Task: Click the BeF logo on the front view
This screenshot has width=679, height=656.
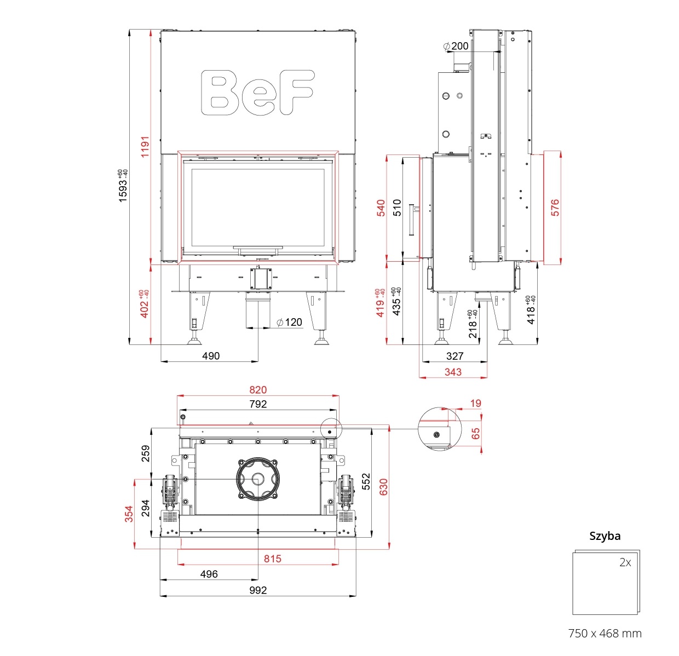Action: [x=257, y=92]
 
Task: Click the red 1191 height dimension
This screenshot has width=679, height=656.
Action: [x=145, y=147]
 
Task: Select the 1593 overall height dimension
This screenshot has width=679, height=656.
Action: [x=123, y=186]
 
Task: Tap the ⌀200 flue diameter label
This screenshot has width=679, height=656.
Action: [x=456, y=46]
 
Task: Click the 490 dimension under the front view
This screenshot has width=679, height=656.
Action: [x=211, y=356]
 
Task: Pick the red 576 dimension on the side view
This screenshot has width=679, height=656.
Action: [x=555, y=208]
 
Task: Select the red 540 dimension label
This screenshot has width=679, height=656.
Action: [x=381, y=208]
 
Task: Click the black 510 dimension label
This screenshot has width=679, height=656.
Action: [x=398, y=208]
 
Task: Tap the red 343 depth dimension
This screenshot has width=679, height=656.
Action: [x=453, y=372]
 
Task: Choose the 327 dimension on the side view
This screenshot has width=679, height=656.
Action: [x=454, y=356]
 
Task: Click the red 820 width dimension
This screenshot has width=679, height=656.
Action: [x=258, y=390]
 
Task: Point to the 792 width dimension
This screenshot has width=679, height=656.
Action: [x=258, y=404]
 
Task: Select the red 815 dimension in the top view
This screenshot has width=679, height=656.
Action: [x=272, y=559]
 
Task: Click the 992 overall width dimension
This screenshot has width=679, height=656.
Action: [x=258, y=590]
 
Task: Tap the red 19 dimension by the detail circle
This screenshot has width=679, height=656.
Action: [x=475, y=404]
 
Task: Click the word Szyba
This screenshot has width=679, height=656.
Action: [x=605, y=536]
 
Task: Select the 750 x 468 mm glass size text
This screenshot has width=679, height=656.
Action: [x=605, y=634]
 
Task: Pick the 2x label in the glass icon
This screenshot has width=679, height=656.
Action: [x=625, y=562]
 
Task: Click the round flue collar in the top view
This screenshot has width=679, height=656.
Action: [x=257, y=479]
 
